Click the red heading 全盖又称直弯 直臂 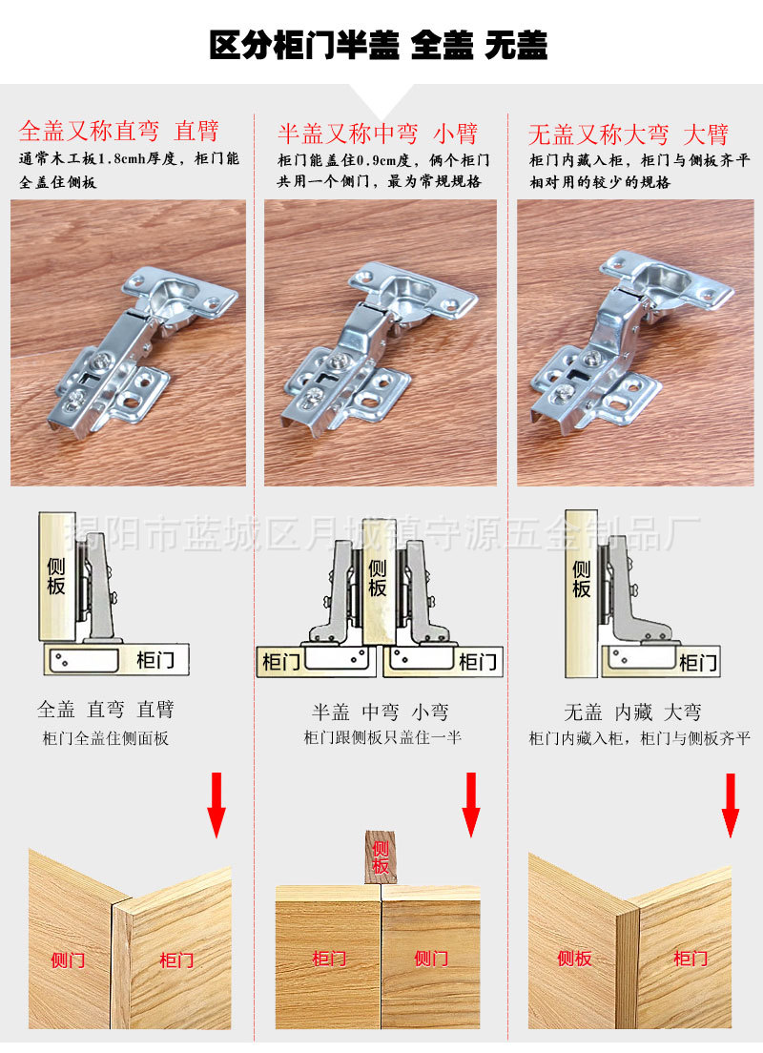(x=119, y=131)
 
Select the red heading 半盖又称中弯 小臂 (x=377, y=133)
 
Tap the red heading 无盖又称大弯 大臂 (x=629, y=134)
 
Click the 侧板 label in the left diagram (x=56, y=576)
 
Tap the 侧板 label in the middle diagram (x=378, y=576)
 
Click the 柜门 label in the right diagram (x=698, y=662)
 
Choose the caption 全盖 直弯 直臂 (x=106, y=710)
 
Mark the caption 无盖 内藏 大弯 (x=633, y=712)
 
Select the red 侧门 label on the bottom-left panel (x=68, y=960)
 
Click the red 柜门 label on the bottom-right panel (x=691, y=958)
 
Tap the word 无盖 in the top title (x=516, y=46)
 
